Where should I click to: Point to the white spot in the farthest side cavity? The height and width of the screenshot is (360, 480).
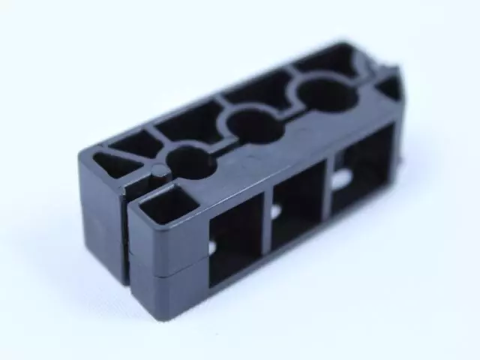point(342,178)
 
